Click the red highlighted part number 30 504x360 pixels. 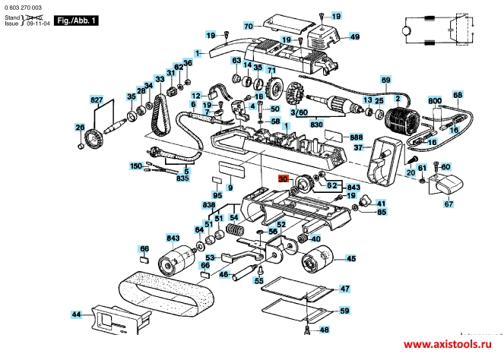coord(284,179)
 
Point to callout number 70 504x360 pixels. coord(248,27)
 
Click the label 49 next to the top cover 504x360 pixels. coord(354,36)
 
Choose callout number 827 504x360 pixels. coord(97,100)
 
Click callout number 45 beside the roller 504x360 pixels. coord(351,259)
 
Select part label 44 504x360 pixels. coord(76,314)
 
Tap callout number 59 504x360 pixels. coord(344,311)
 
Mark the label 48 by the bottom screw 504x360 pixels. coord(324,330)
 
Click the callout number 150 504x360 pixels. coord(135,166)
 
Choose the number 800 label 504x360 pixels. coord(434,100)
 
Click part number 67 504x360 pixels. coord(449,204)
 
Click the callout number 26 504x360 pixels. coord(80,127)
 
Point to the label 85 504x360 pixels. coord(382,213)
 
